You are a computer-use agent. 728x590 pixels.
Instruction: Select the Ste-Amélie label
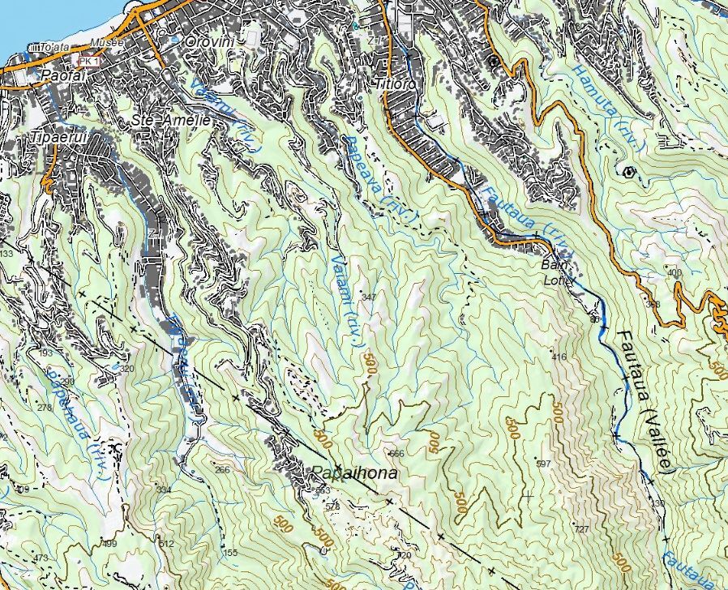[x=171, y=120]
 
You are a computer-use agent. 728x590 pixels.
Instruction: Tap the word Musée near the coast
[x=107, y=42]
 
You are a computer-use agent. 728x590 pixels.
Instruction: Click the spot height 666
[x=396, y=453]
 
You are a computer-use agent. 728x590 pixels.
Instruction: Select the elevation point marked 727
[x=580, y=529]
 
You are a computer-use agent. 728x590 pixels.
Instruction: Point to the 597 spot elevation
[x=543, y=463]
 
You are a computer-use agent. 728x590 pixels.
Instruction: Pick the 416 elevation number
[x=558, y=357]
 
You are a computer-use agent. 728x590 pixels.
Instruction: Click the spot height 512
[x=167, y=544]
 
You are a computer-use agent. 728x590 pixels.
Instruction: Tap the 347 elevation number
[x=369, y=297]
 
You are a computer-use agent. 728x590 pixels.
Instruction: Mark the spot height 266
[x=222, y=469]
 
